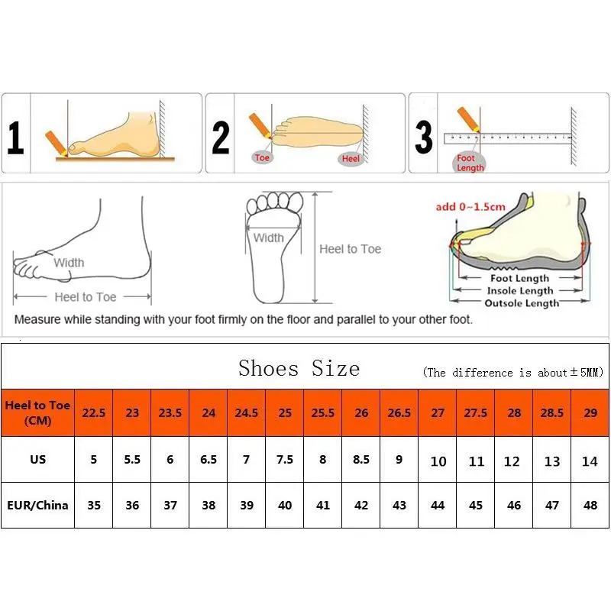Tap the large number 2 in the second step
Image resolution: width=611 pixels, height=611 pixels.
pyautogui.click(x=220, y=138)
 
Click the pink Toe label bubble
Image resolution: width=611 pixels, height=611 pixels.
pyautogui.click(x=262, y=158)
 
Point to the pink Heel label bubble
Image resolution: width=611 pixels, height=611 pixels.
pyautogui.click(x=351, y=158)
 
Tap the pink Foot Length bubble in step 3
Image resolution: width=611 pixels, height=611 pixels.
pyautogui.click(x=470, y=163)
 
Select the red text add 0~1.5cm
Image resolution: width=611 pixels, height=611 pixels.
pyautogui.click(x=470, y=207)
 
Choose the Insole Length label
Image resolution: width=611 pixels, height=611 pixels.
pyautogui.click(x=521, y=291)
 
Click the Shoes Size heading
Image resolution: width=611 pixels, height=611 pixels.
pyautogui.click(x=299, y=368)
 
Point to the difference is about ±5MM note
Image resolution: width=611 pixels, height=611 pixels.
pyautogui.click(x=513, y=373)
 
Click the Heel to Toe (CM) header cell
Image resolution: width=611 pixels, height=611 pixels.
pyautogui.click(x=37, y=412)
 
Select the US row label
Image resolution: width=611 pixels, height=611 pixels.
pyautogui.click(x=37, y=460)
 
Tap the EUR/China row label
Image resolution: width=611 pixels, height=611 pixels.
pyautogui.click(x=37, y=505)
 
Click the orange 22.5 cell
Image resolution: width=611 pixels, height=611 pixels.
pyautogui.click(x=94, y=412)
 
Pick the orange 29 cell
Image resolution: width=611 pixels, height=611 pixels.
pyautogui.click(x=590, y=412)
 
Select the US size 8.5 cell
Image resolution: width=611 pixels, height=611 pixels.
pyautogui.click(x=361, y=460)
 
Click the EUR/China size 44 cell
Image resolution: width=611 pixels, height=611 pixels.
pyautogui.click(x=438, y=505)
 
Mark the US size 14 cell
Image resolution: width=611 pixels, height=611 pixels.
pyautogui.click(x=590, y=461)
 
